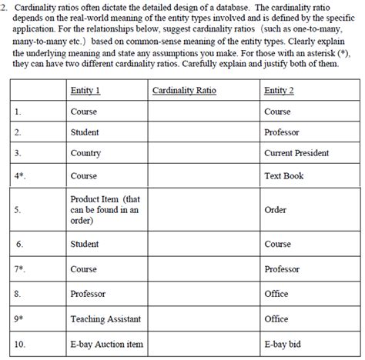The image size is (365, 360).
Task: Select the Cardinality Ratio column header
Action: click(184, 91)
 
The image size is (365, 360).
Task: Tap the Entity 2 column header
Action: click(279, 91)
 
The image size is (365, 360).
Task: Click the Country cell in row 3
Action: click(85, 153)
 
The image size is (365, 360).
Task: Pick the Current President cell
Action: click(295, 153)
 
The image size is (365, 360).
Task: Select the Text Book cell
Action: click(283, 175)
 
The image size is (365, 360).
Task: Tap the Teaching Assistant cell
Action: click(103, 318)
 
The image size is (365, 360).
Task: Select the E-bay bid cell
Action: click(282, 345)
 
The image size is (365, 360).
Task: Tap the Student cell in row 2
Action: click(85, 132)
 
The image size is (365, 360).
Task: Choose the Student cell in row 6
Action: click(85, 244)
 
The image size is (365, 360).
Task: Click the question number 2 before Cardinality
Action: click(4, 6)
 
